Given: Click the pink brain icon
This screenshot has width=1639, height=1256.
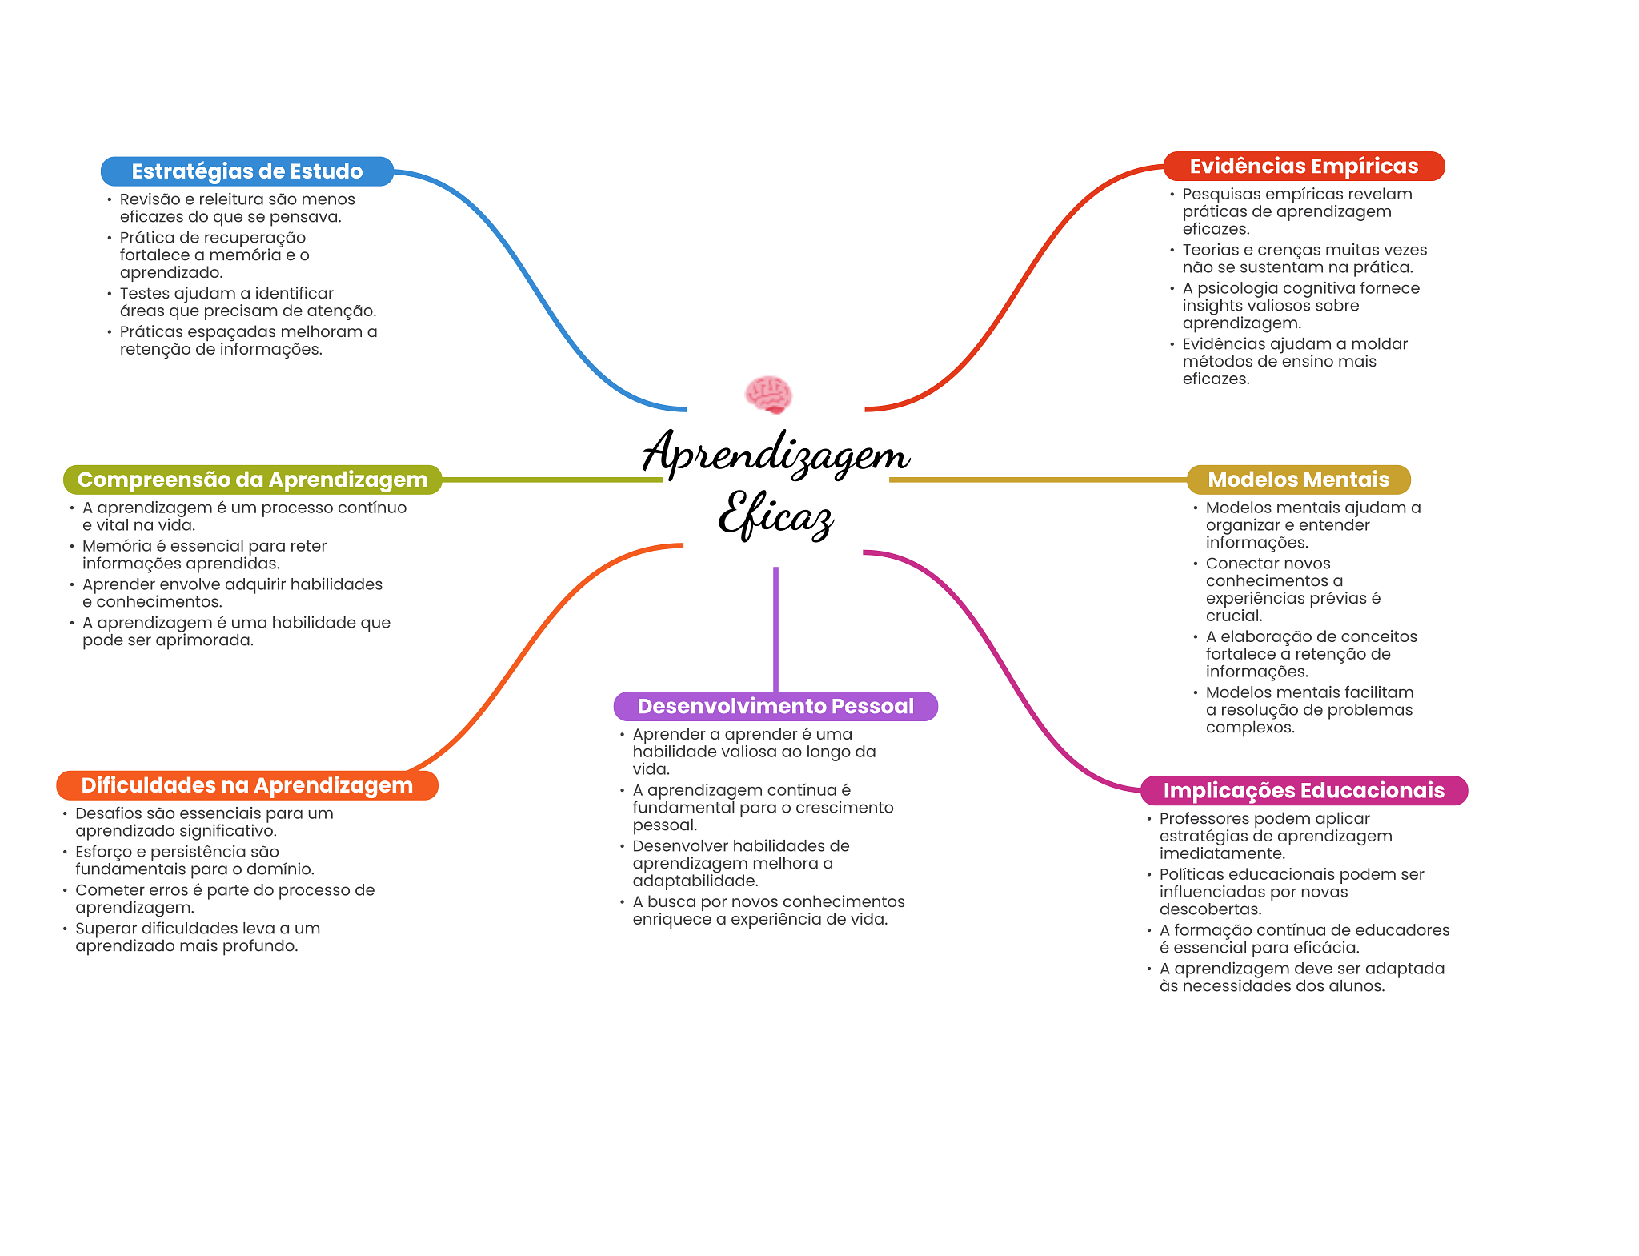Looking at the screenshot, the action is pyautogui.click(x=768, y=395).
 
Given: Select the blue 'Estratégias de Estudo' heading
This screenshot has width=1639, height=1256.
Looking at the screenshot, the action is pyautogui.click(x=247, y=171).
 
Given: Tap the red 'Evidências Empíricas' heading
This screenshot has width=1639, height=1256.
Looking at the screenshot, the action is pyautogui.click(x=1304, y=166).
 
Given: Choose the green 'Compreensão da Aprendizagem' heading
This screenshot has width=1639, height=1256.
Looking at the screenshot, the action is pyautogui.click(x=253, y=480).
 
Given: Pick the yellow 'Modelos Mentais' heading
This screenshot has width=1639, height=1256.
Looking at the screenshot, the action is pyautogui.click(x=1298, y=480).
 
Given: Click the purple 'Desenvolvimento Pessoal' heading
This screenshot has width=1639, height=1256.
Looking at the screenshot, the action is pyautogui.click(x=775, y=706).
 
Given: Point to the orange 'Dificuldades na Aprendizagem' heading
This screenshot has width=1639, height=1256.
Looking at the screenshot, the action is pyautogui.click(x=247, y=785).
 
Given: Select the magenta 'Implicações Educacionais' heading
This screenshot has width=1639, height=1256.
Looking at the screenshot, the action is pyautogui.click(x=1304, y=791).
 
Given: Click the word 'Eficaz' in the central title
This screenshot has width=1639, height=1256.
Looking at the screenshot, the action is pyautogui.click(x=775, y=515).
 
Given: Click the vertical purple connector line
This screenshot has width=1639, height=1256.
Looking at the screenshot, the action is pyautogui.click(x=775, y=629).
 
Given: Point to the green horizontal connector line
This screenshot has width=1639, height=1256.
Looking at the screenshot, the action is pyautogui.click(x=552, y=480).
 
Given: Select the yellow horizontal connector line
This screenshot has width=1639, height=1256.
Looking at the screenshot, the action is pyautogui.click(x=1038, y=480).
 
